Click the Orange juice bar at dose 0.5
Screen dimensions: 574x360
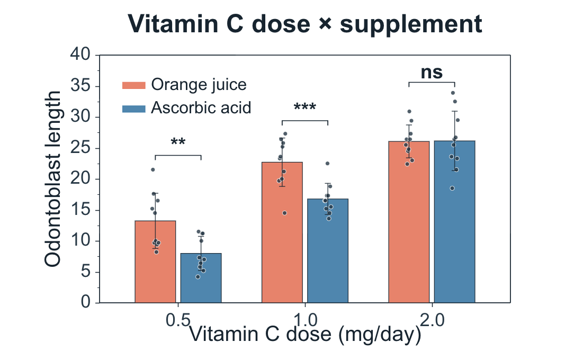pos(155,262)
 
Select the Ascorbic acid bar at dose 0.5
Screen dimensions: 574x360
pos(201,278)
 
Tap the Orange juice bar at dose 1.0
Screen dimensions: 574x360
pos(282,232)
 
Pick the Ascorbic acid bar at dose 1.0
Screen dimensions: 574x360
pos(328,251)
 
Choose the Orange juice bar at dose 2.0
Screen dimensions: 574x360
pos(409,222)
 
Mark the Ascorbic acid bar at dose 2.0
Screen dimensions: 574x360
pos(455,222)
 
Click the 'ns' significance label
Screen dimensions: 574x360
pos(432,73)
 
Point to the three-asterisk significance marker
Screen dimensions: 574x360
pos(305,106)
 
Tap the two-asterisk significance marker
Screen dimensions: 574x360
pos(178,141)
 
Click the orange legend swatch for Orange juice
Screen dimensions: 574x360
pos(133,85)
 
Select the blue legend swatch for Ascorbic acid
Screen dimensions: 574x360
pos(133,109)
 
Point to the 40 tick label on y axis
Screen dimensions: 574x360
pos(80,54)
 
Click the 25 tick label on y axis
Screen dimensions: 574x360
pos(80,147)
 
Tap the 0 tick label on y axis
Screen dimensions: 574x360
pos(85,302)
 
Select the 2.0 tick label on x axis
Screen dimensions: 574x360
pos(432,320)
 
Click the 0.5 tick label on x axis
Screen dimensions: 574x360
pos(178,320)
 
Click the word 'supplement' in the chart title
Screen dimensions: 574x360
pos(411,24)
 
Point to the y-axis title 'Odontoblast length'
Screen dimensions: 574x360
pos(52,179)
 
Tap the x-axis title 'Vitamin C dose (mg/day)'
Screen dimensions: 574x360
pos(305,335)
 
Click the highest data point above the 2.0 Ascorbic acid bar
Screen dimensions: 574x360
pos(453,93)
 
